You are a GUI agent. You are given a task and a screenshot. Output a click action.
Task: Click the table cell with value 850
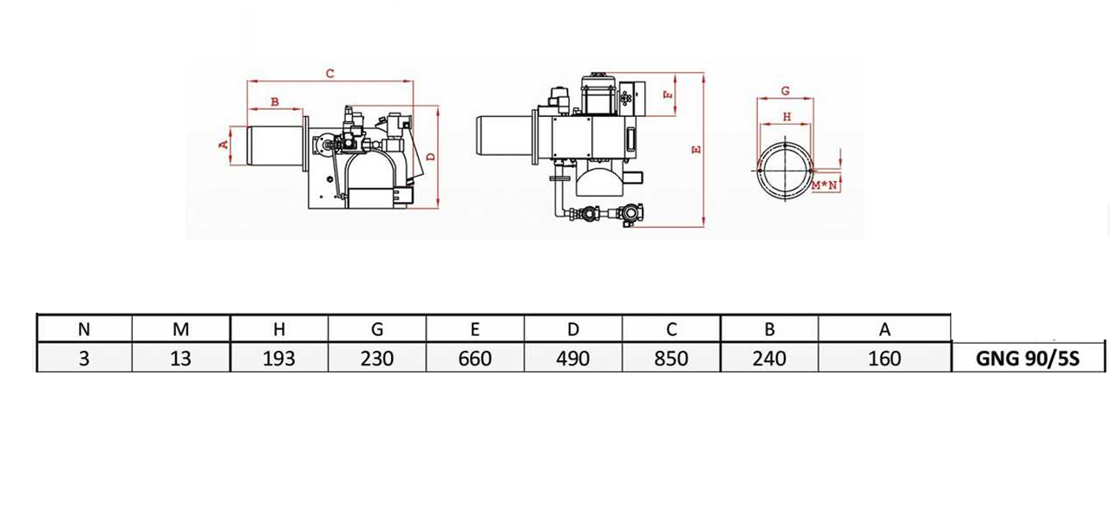[671, 358]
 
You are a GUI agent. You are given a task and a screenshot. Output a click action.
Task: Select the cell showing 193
[279, 358]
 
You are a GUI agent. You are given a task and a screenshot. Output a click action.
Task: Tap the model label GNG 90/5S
[1028, 358]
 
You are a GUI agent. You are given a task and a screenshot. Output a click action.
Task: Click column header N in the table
[84, 329]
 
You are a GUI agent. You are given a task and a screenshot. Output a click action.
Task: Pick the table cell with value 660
[474, 358]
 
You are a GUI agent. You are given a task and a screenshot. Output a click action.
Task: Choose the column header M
[180, 329]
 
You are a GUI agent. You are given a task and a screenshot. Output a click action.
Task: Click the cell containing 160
[885, 358]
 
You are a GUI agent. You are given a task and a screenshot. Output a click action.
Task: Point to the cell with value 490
[573, 358]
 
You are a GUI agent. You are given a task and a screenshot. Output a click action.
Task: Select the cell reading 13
[180, 358]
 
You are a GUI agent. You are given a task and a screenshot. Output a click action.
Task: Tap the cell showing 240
[769, 358]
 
